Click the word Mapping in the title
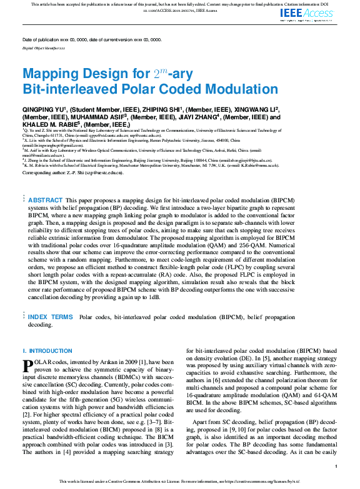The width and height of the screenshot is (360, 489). point(51,74)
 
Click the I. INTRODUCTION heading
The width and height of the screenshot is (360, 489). point(47,351)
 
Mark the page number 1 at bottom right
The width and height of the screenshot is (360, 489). point(336,467)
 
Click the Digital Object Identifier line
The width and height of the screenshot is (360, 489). point(44,47)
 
